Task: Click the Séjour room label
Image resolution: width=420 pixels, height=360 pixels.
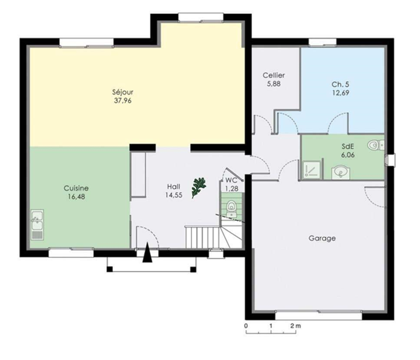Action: click(x=123, y=92)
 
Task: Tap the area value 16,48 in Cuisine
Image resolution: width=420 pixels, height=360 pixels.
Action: click(x=76, y=197)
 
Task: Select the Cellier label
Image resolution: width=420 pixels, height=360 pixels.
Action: click(x=273, y=76)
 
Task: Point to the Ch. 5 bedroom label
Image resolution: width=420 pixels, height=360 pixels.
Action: click(x=340, y=84)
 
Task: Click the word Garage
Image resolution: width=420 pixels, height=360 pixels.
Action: click(x=322, y=238)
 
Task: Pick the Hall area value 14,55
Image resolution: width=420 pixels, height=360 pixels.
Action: click(x=174, y=195)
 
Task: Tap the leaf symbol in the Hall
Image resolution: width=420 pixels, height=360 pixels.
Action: click(x=198, y=188)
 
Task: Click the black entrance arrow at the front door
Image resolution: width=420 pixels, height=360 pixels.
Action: click(x=147, y=252)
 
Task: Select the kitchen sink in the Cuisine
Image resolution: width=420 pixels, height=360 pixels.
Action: click(x=38, y=224)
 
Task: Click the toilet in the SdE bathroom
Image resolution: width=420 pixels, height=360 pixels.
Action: click(x=376, y=145)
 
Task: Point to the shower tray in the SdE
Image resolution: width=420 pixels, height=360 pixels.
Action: click(x=312, y=169)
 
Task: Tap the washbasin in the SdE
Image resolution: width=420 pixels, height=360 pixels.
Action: click(x=341, y=172)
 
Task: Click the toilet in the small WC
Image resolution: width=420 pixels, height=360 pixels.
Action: click(x=231, y=209)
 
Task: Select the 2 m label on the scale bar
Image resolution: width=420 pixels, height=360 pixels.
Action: click(x=296, y=326)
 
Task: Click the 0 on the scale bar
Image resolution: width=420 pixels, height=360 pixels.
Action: click(x=246, y=326)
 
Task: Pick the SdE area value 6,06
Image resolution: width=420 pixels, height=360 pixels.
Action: click(x=348, y=155)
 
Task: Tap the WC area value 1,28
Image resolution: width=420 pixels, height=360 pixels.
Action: click(x=232, y=189)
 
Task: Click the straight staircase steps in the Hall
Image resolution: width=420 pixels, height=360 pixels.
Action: click(x=203, y=237)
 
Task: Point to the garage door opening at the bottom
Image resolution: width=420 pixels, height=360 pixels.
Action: click(x=319, y=315)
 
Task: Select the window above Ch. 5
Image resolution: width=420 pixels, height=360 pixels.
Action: click(x=322, y=43)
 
